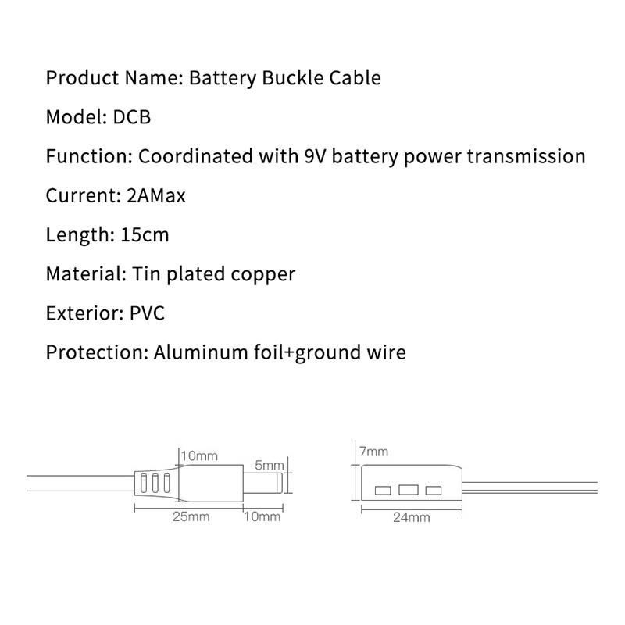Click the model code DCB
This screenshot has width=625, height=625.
[132, 117]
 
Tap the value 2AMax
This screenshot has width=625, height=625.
[156, 196]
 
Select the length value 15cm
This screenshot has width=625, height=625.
[145, 235]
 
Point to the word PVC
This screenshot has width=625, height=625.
[147, 313]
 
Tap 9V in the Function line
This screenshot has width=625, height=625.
[315, 156]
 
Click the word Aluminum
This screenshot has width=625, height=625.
[201, 353]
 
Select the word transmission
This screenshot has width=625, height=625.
[526, 156]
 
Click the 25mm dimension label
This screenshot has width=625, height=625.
[191, 516]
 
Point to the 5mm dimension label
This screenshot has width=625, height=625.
[270, 465]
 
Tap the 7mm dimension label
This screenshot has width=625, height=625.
[373, 452]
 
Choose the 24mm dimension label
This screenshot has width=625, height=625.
[412, 517]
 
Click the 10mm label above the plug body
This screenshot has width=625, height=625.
[199, 455]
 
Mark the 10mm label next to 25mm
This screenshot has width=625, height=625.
[262, 516]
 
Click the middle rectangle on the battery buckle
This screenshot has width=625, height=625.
[409, 490]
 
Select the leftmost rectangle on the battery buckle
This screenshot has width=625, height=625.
[383, 490]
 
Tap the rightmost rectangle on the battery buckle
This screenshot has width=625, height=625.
[434, 490]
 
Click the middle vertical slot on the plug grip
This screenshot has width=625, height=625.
[155, 483]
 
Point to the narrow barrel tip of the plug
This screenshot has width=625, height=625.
[263, 483]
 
